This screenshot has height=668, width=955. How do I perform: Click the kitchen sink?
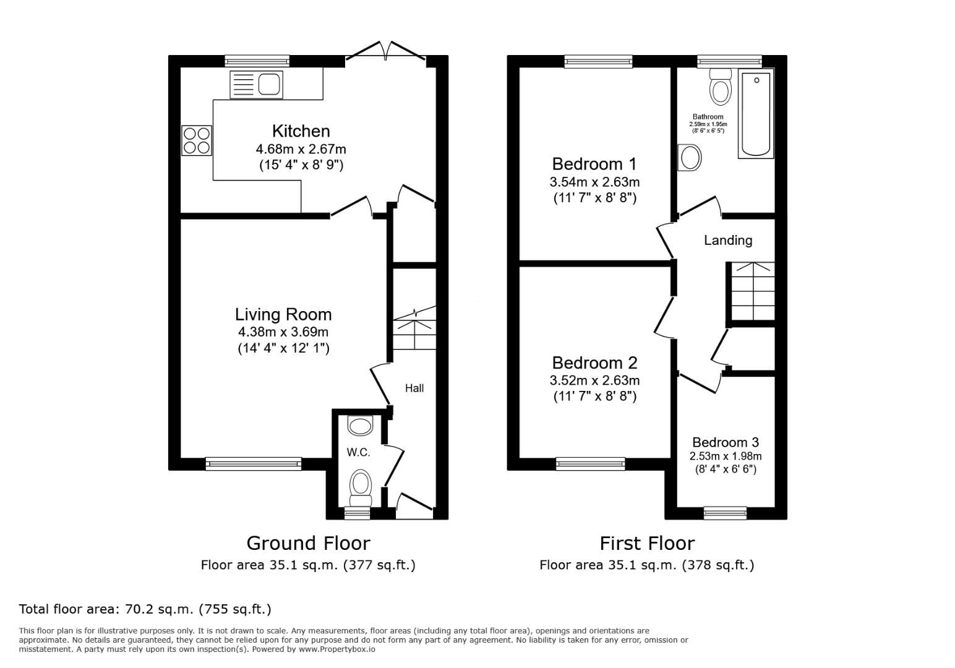tap(256, 85)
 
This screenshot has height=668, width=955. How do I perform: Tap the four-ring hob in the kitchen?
tap(196, 140)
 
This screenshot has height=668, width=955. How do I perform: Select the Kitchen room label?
tap(301, 131)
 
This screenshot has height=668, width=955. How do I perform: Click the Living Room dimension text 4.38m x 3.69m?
tap(283, 332)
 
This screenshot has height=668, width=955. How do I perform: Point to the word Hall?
tap(414, 388)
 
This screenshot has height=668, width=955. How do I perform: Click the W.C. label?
tap(358, 453)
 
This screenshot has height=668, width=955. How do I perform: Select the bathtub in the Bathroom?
tap(755, 113)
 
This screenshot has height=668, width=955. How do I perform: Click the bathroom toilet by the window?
tap(720, 86)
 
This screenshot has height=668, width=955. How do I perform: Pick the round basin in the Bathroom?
tap(690, 158)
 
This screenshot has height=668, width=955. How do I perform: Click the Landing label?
tap(728, 241)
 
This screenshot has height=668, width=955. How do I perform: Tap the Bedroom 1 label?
tap(594, 165)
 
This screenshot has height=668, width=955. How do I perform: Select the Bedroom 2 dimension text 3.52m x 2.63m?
tap(594, 380)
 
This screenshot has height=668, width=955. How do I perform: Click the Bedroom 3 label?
tap(725, 443)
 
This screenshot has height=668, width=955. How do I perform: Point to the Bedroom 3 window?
tap(725, 513)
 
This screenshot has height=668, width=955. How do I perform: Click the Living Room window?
tap(253, 463)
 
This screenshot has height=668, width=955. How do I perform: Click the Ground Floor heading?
tap(308, 543)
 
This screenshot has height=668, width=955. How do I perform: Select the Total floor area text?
tap(145, 609)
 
